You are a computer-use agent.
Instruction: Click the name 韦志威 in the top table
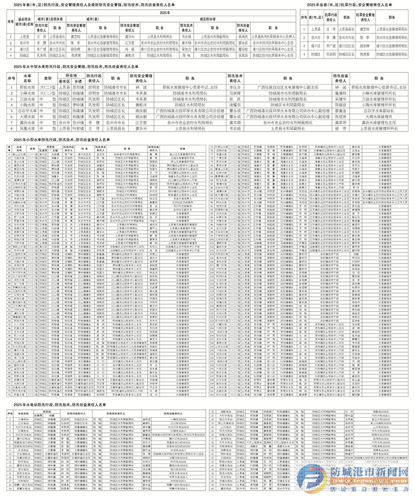point(186,36)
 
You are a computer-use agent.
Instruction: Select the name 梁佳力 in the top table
point(186,48)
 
